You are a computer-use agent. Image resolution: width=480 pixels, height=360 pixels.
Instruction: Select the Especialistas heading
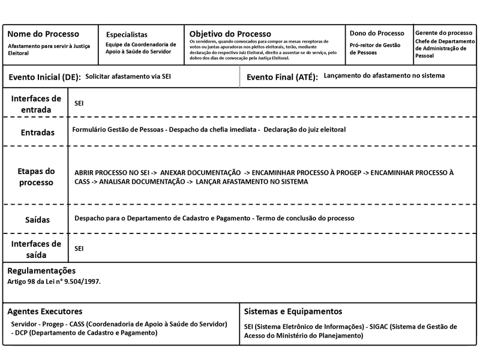127,35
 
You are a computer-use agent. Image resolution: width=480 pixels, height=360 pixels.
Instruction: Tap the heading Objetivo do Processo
230,34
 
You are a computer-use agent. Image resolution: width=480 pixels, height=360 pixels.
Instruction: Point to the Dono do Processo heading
377,34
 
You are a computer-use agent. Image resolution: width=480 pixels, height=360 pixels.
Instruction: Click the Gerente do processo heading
443,32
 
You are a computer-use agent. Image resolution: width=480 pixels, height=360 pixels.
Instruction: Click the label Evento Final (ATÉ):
282,78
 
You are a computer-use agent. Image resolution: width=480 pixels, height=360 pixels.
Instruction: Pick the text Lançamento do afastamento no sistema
383,77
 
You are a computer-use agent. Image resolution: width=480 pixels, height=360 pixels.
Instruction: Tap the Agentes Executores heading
44,311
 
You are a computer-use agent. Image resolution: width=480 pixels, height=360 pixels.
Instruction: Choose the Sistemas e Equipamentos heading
293,311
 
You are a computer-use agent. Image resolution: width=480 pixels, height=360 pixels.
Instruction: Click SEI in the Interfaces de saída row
79,248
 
